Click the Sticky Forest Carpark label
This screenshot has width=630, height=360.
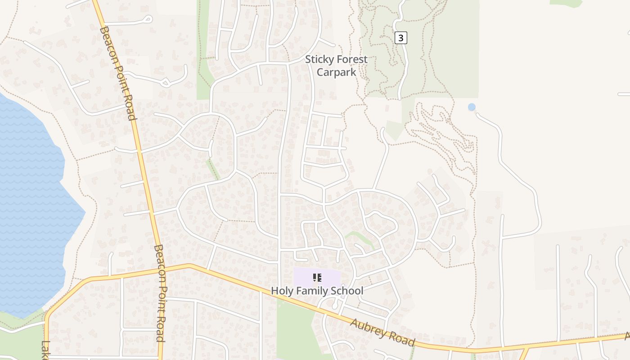coord(336,66)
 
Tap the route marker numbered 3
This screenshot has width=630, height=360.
coord(400,38)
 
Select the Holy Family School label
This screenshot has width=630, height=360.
coord(317,291)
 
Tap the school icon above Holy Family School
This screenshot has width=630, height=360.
coord(317,278)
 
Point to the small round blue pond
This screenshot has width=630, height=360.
coord(472,107)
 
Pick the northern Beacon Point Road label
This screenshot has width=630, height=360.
coord(118,73)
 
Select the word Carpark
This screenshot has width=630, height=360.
coord(336,72)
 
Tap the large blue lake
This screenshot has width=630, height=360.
coord(27,202)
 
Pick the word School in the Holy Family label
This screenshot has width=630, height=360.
coord(347,291)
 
